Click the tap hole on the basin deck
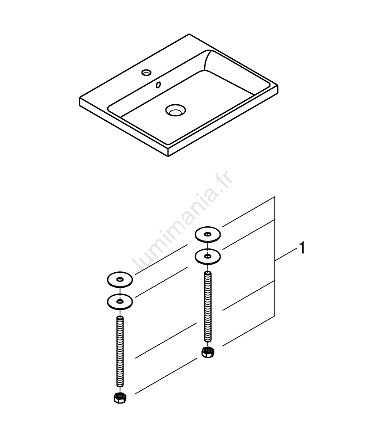coord(146,73)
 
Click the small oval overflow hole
coord(158,84)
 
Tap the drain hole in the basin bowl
coord(176,110)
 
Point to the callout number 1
coord(302,248)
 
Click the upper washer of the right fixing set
coord(208,234)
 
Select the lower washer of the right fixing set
coord(208,256)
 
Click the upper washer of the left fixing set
coord(120,280)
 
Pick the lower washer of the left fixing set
coord(120,301)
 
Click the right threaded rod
coord(208,306)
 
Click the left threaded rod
coord(120,351)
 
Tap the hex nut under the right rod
coord(208,352)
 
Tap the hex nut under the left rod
coord(120,397)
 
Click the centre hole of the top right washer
coord(208,234)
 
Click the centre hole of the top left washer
coord(120,279)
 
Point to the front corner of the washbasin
coord(168,156)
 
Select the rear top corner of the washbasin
coord(189,34)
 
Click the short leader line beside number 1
coord(286,254)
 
